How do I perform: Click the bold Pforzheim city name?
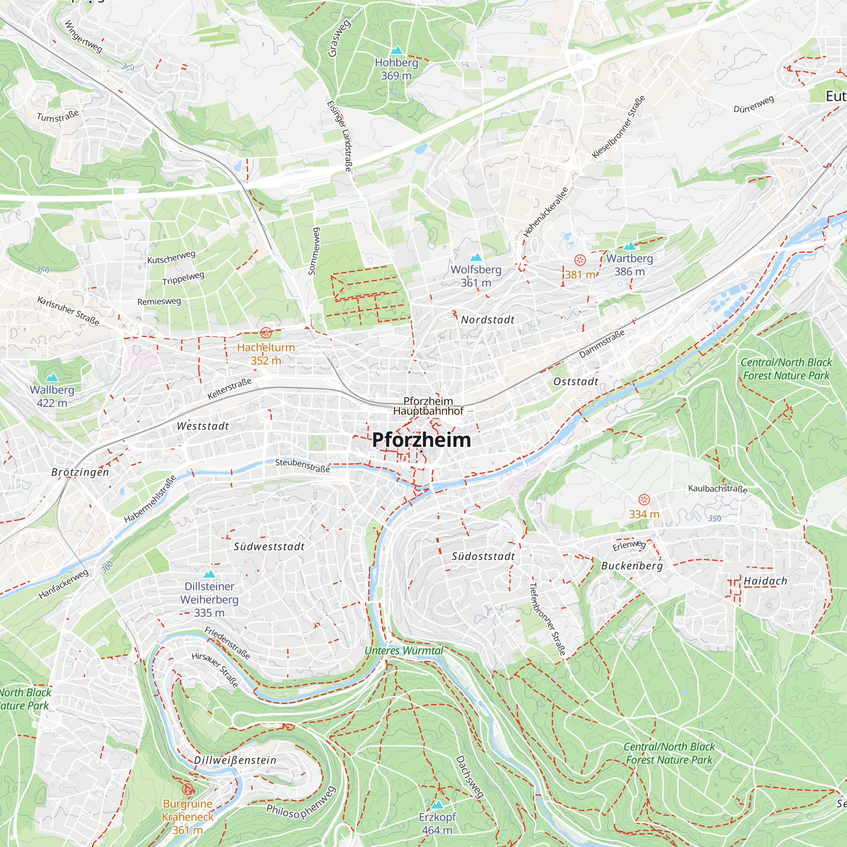pos(421,440)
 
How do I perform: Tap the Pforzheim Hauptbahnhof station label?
pos(428,406)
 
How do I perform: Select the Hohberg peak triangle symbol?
pos(396,50)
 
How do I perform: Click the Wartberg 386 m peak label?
pos(629,265)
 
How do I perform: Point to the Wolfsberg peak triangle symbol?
pos(476,257)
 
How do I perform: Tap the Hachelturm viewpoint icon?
pos(266,332)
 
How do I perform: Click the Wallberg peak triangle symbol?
pos(52,377)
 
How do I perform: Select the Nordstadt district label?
pos(487,320)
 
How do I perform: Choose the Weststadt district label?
pos(203,426)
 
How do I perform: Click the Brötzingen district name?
pos(80,472)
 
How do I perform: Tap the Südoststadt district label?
pos(483,556)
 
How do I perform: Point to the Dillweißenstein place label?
pos(235,760)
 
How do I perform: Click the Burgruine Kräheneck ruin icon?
pos(188,789)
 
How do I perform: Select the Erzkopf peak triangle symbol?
pos(437,805)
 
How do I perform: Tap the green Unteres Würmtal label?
pos(404,650)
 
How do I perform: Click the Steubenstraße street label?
pos(302,465)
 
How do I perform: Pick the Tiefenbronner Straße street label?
pos(547,619)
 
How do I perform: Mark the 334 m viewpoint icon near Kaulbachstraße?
pos(644,499)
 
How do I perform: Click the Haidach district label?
pos(765,581)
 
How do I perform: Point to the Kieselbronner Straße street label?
pos(619,127)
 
